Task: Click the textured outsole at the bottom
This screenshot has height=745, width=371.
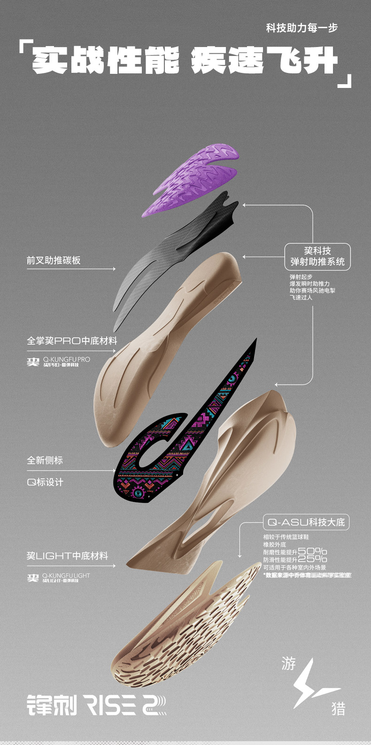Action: (x=188, y=626)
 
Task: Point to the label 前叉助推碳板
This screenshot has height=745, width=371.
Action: (x=54, y=260)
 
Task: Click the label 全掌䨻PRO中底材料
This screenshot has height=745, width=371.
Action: (x=72, y=341)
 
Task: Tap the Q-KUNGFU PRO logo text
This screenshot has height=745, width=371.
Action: (x=66, y=359)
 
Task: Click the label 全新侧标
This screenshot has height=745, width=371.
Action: (x=45, y=460)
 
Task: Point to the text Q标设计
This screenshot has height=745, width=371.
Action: (x=45, y=482)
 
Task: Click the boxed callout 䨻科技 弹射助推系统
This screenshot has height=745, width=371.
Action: (x=317, y=256)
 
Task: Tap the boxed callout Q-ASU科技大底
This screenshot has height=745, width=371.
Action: (x=306, y=522)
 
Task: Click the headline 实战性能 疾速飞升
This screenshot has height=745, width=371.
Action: (x=185, y=61)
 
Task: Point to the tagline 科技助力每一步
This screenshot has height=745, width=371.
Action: (x=301, y=28)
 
